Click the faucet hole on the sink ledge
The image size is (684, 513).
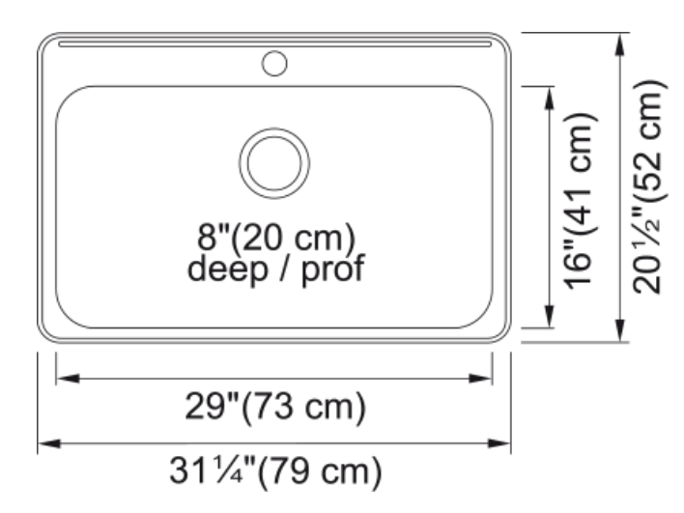274,63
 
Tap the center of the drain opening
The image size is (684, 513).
274,163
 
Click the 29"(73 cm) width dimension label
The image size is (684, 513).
275,407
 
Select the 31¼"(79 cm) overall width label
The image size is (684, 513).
275,471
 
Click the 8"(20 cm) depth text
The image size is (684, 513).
276,239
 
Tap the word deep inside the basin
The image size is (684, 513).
227,270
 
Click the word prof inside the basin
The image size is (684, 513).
332,270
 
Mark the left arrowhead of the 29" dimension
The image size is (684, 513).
68,378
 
